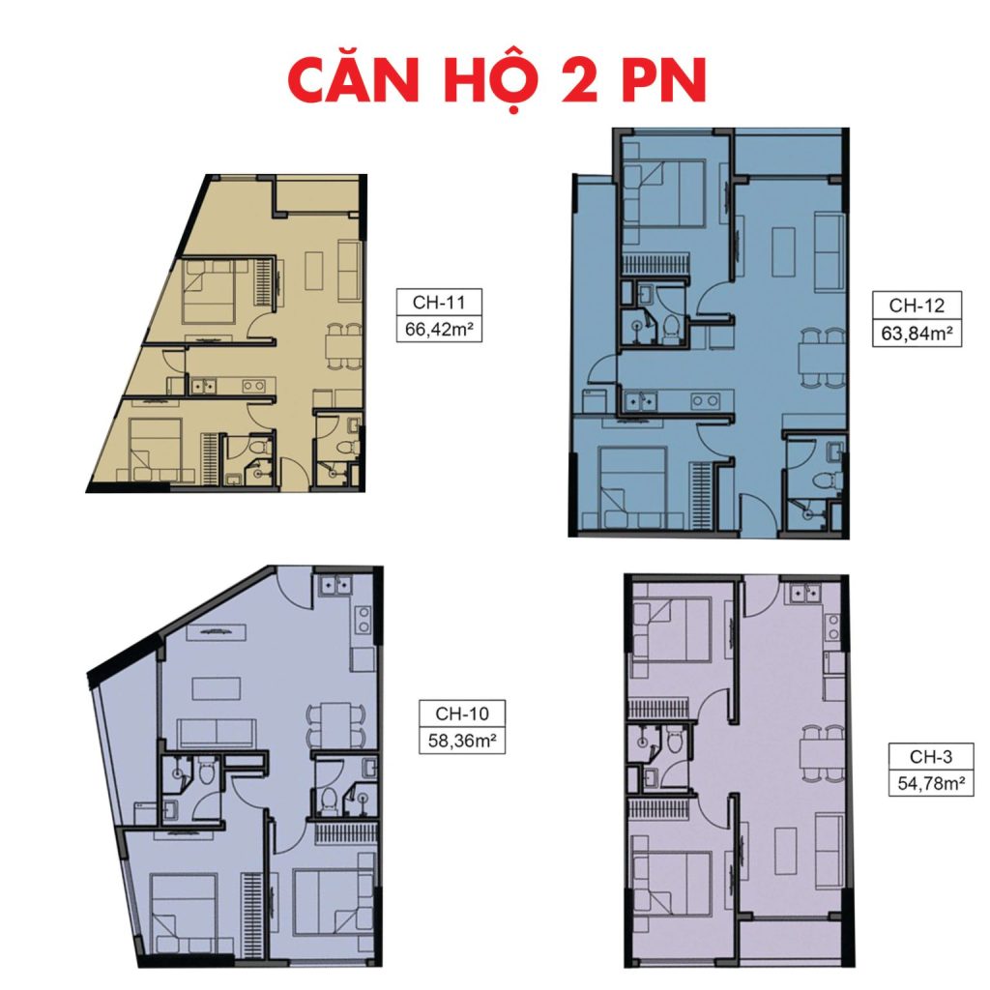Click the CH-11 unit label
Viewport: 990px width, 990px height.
439,302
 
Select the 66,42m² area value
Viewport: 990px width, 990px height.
439,329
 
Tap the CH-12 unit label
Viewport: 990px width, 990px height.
917,306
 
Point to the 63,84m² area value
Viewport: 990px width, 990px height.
917,333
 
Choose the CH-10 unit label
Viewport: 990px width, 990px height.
462,713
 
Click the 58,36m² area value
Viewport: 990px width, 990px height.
462,740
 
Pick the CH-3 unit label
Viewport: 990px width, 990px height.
931,756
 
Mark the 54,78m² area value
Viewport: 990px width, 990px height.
931,783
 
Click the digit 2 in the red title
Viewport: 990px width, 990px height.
575,80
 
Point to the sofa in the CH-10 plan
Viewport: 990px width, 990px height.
217,733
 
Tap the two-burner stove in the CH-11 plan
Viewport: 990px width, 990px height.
253,386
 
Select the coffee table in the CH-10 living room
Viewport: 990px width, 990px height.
216,688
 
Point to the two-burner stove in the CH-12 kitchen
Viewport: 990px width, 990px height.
705,400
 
